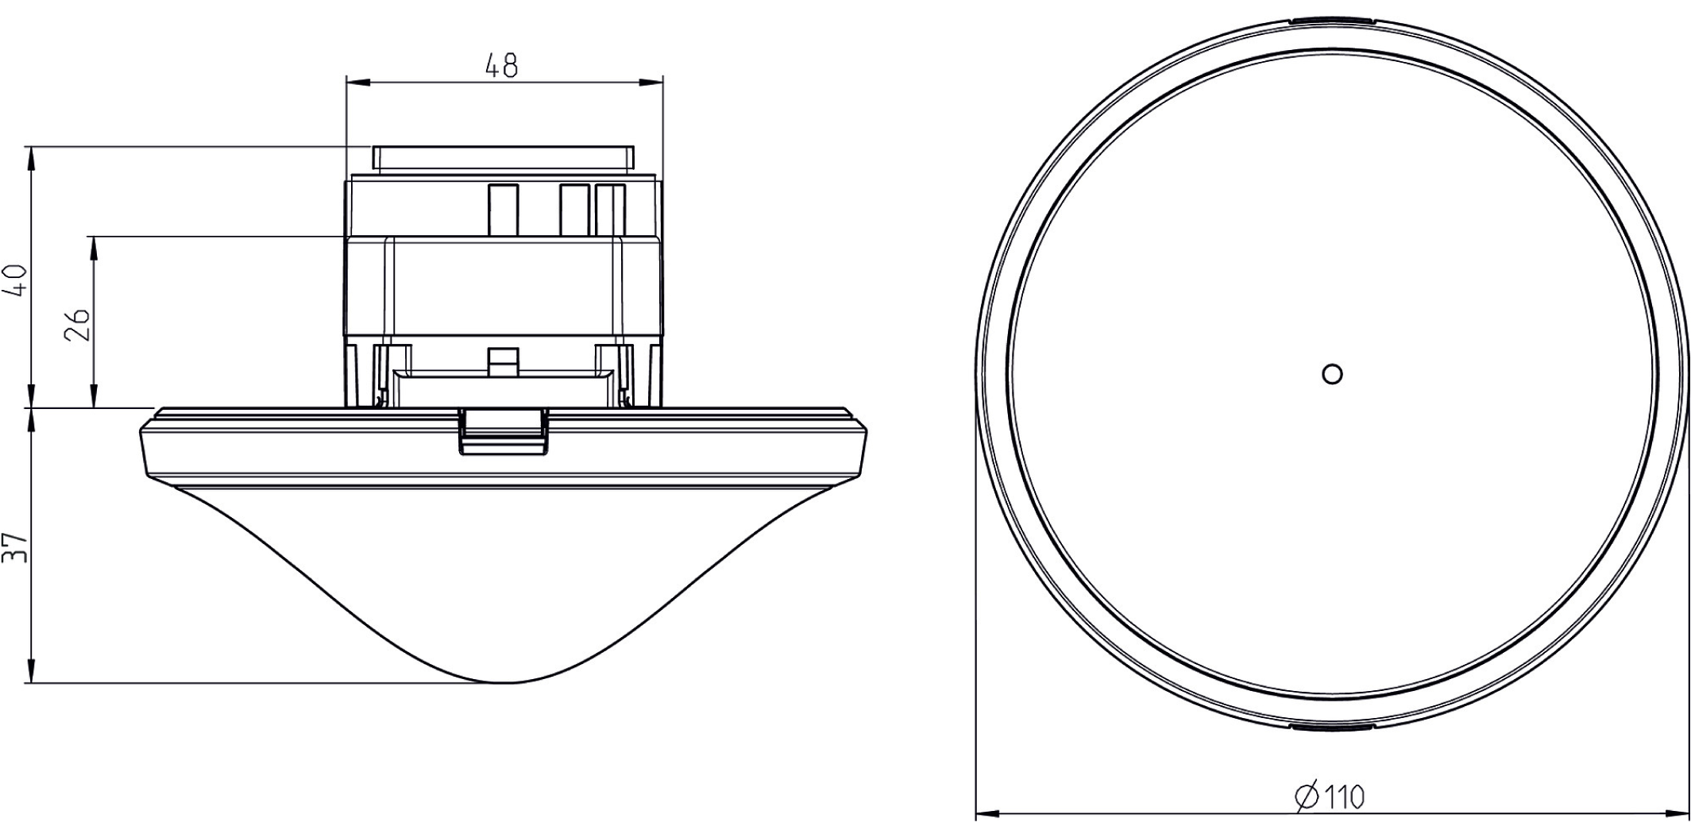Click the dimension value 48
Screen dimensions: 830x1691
[x=502, y=66]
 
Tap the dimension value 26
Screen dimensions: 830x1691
[x=77, y=324]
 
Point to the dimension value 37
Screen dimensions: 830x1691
[x=17, y=548]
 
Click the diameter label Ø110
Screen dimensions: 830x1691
[x=1330, y=796]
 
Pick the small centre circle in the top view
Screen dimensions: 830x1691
[x=1332, y=373]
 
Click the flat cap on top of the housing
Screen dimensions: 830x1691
[x=503, y=157]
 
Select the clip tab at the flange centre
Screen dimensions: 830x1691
[x=504, y=431]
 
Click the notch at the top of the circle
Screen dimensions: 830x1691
[x=1331, y=19]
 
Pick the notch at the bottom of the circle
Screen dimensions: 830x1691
[x=1331, y=726]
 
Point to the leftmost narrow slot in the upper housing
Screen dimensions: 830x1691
[x=503, y=210]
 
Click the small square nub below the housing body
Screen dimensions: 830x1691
[x=503, y=361]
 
